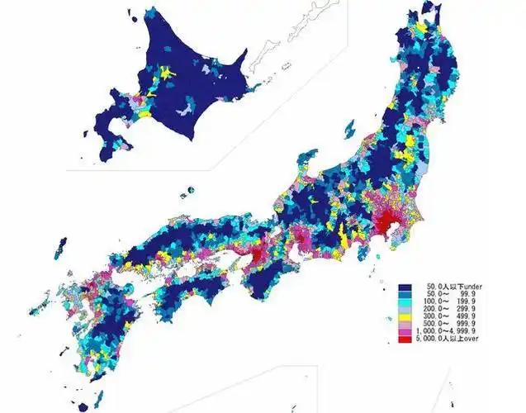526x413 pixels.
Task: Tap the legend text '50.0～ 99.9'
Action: [x=451, y=293]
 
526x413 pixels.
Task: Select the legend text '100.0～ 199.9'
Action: [x=451, y=301]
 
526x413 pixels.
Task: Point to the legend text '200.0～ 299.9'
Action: [x=451, y=310]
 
